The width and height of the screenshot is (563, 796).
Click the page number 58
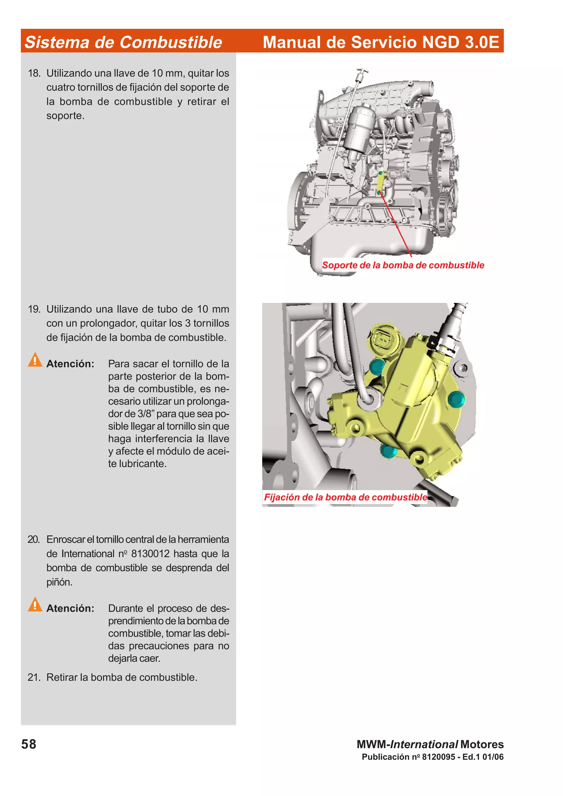[x=29, y=744]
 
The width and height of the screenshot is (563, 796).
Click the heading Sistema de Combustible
[x=123, y=42]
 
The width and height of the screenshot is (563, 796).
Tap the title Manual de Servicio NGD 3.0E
[x=380, y=42]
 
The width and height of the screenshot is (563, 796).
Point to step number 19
[x=34, y=309]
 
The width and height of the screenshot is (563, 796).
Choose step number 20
[x=34, y=539]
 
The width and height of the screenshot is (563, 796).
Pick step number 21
[x=34, y=677]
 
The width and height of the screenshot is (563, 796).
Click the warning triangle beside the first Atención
[x=35, y=360]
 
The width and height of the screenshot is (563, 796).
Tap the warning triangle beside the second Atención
[x=35, y=604]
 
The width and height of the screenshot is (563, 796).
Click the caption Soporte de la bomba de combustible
[x=403, y=265]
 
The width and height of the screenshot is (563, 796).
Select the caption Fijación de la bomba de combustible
[x=345, y=497]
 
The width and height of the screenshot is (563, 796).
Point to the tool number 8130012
[x=150, y=554]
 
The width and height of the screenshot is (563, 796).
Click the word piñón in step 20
[x=59, y=582]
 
